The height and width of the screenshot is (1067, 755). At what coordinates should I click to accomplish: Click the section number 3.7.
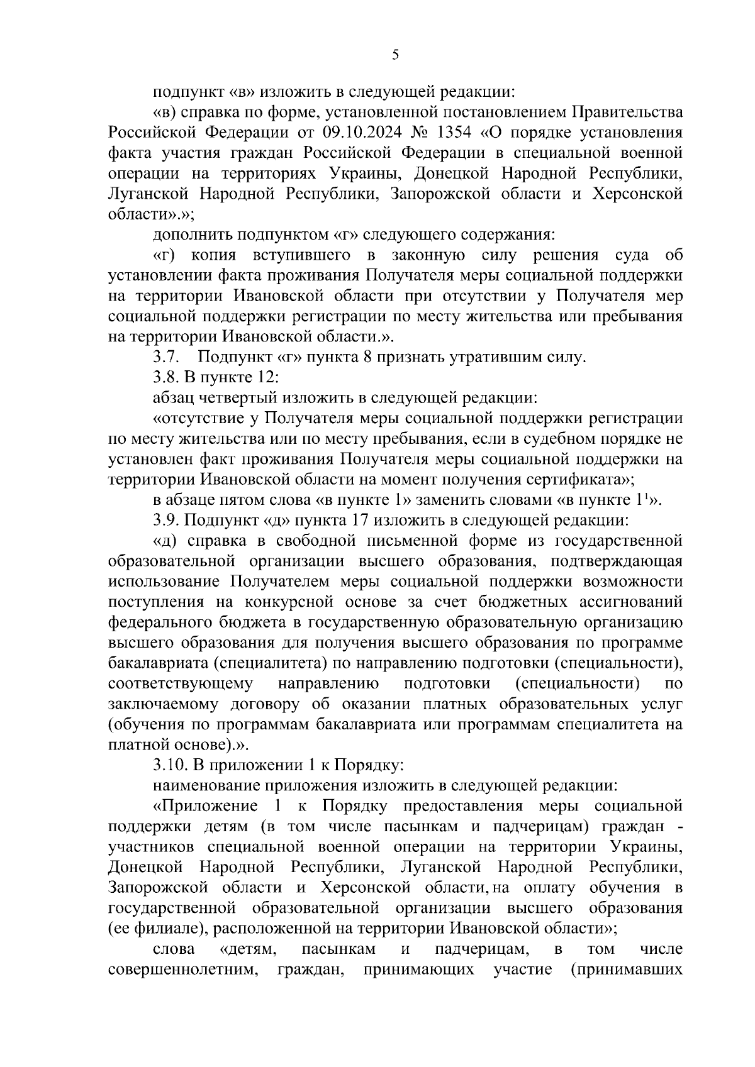coord(167,358)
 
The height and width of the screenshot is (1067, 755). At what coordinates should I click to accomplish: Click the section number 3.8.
coord(167,378)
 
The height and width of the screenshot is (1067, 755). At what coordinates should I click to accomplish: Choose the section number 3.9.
coord(167,521)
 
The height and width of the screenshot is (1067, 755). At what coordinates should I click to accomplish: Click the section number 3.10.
coord(171,766)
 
